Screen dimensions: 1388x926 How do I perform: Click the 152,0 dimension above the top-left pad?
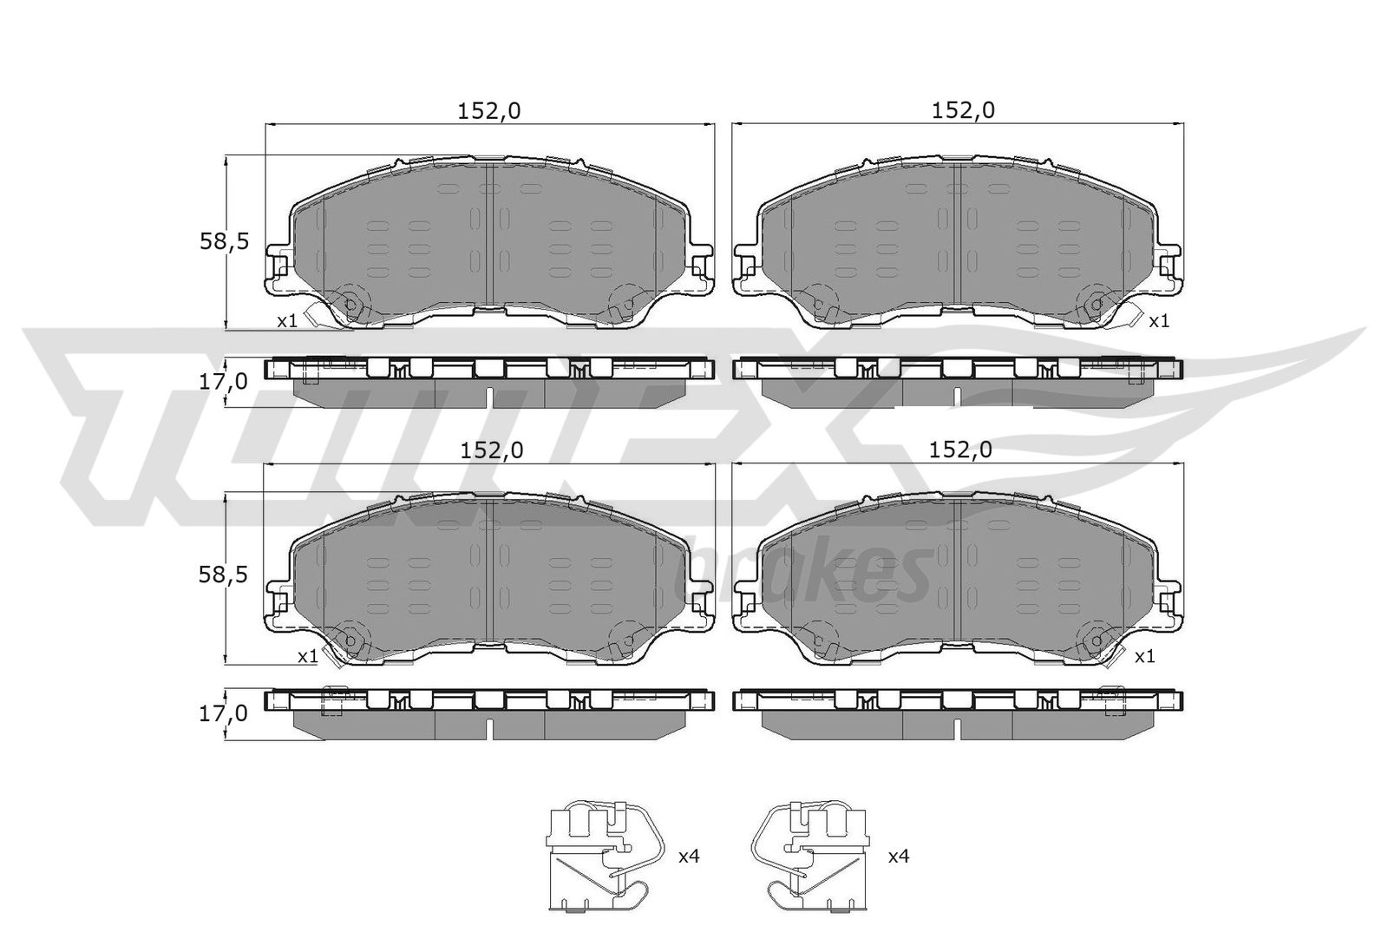coord(489,111)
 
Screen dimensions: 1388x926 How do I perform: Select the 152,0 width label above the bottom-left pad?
coord(491,450)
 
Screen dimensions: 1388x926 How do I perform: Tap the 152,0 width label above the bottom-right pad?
coord(959,450)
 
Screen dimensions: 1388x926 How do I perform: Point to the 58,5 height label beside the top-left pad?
coord(224,241)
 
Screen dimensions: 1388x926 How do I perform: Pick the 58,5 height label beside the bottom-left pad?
coord(223,575)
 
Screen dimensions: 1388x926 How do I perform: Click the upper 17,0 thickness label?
coord(223,381)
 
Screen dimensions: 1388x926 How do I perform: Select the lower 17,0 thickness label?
coord(223,713)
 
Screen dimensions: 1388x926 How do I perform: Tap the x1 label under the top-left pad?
coord(287,321)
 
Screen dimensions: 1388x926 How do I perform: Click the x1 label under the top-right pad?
coord(1159,321)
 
